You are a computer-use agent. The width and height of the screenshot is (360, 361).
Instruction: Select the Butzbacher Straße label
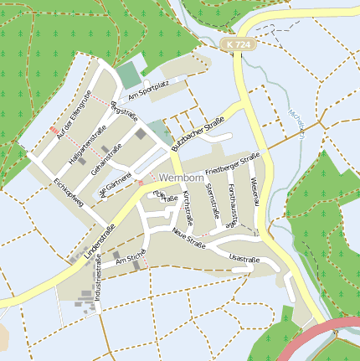(x=199, y=132)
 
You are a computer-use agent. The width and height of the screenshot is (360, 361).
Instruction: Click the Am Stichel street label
(x=130, y=263)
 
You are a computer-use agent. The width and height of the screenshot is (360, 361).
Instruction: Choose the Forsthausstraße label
(x=239, y=204)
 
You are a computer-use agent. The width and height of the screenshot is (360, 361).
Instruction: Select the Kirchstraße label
(x=188, y=210)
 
